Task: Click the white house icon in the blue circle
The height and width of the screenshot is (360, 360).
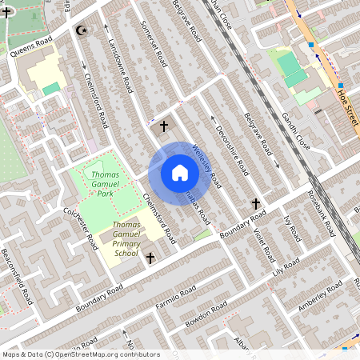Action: pyautogui.click(x=179, y=173)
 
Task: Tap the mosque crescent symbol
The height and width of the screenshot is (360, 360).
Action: pyautogui.click(x=79, y=30)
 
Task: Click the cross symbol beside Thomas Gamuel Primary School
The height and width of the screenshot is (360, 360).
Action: pyautogui.click(x=150, y=258)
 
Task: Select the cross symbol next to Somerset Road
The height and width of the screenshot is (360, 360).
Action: pyautogui.click(x=164, y=126)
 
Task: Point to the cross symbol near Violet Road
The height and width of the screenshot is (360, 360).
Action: pyautogui.click(x=257, y=204)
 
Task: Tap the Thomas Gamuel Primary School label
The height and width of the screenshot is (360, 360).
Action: pyautogui.click(x=126, y=239)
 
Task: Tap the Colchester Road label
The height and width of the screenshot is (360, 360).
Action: pyautogui.click(x=82, y=227)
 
